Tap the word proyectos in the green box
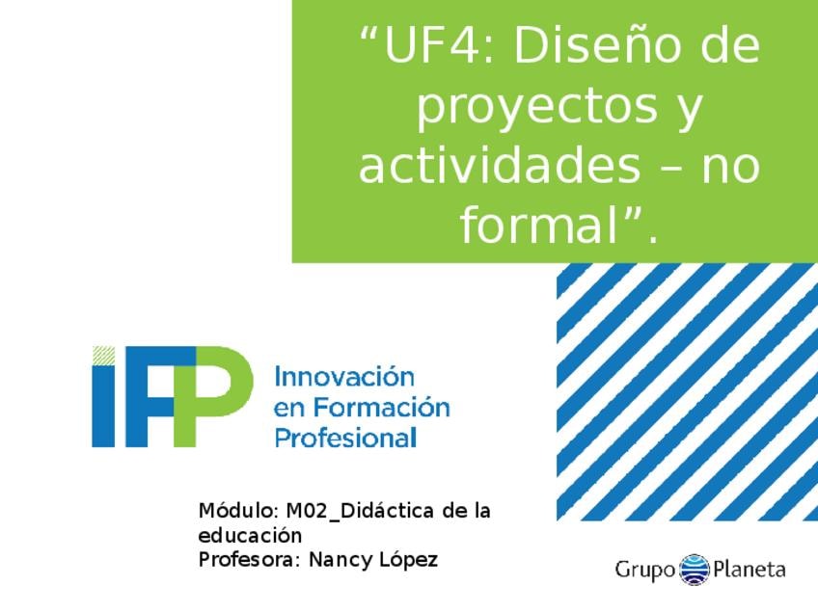(536, 107)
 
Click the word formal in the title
(539, 225)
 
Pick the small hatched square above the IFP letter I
(104, 355)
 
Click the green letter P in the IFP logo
(214, 396)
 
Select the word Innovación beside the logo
(344, 376)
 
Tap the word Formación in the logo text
(382, 407)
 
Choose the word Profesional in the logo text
(346, 438)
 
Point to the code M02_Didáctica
(361, 511)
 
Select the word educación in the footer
(251, 535)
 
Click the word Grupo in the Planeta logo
(645, 570)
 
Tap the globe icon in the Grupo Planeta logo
(695, 570)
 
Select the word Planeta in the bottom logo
(750, 568)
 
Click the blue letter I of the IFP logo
(103, 406)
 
